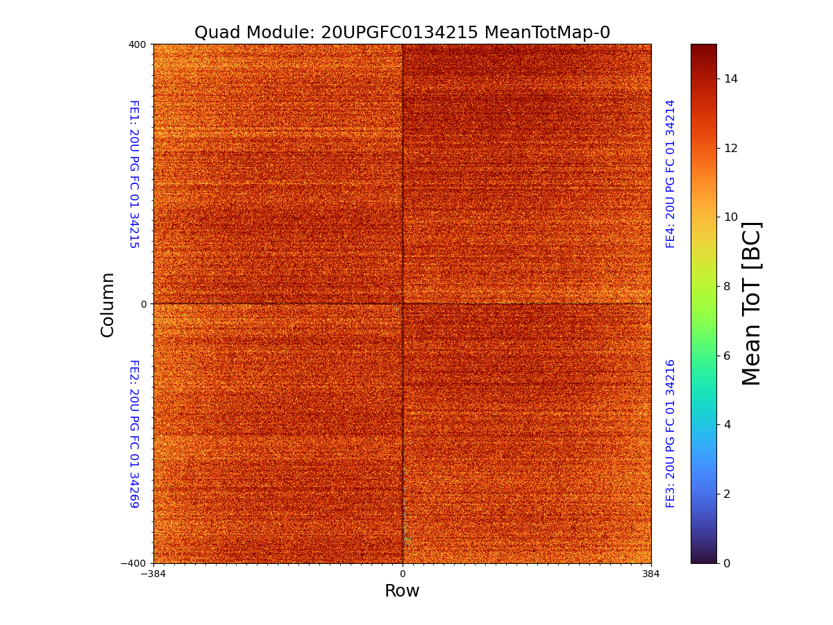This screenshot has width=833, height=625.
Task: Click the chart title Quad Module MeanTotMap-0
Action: click(x=402, y=33)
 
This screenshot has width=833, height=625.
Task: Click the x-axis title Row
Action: click(x=402, y=591)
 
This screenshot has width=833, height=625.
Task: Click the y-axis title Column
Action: click(x=108, y=304)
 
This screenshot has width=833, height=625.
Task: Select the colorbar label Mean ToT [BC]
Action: click(x=752, y=303)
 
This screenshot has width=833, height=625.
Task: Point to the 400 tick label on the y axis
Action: click(x=137, y=44)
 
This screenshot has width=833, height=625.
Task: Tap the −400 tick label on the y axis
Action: click(x=133, y=563)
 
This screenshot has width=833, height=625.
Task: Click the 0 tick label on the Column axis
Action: click(x=143, y=304)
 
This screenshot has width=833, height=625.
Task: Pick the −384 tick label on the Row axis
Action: click(x=153, y=574)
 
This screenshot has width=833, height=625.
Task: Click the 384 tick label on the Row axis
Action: click(x=651, y=574)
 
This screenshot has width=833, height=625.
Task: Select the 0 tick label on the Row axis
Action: click(x=402, y=574)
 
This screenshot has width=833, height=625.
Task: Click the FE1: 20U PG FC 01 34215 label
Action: click(x=134, y=174)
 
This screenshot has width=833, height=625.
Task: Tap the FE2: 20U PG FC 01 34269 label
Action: click(x=134, y=433)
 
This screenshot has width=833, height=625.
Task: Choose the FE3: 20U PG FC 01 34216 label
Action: click(x=671, y=433)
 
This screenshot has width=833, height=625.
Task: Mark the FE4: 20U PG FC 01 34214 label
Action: click(x=671, y=174)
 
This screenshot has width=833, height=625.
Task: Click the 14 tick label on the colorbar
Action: click(x=730, y=79)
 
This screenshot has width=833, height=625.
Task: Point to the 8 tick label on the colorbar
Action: click(x=727, y=286)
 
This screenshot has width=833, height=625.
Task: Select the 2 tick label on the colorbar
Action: click(x=727, y=494)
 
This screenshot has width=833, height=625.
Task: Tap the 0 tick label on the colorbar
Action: click(x=727, y=563)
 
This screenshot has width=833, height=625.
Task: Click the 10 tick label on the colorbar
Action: click(x=730, y=217)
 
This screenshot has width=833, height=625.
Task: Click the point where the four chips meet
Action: click(x=403, y=303)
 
